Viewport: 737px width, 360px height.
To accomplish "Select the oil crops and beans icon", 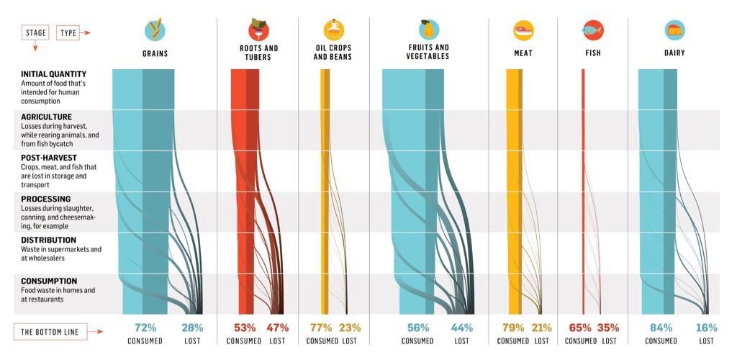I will (x=333, y=30).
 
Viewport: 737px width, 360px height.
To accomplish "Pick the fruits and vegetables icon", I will (x=429, y=30).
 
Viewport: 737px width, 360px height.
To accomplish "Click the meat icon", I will (x=523, y=30).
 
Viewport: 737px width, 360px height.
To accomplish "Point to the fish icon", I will (x=593, y=30).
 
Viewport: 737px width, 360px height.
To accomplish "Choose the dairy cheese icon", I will (x=674, y=30).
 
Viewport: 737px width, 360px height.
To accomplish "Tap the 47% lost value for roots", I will (x=278, y=328).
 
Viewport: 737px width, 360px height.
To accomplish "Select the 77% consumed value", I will (x=321, y=328).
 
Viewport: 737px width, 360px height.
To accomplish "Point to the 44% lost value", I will (x=461, y=328).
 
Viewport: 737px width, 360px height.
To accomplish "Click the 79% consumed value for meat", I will (x=513, y=328).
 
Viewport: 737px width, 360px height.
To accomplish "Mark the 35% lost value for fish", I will (x=608, y=328).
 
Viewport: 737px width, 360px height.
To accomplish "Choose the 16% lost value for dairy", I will (x=706, y=328).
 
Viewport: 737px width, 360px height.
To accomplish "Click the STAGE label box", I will (x=35, y=33).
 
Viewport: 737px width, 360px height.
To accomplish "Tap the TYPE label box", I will (x=68, y=33).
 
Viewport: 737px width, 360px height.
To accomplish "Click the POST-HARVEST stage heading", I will (x=48, y=158).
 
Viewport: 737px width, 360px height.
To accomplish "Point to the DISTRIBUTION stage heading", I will (x=48, y=240).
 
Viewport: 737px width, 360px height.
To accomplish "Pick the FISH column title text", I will (x=593, y=53).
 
